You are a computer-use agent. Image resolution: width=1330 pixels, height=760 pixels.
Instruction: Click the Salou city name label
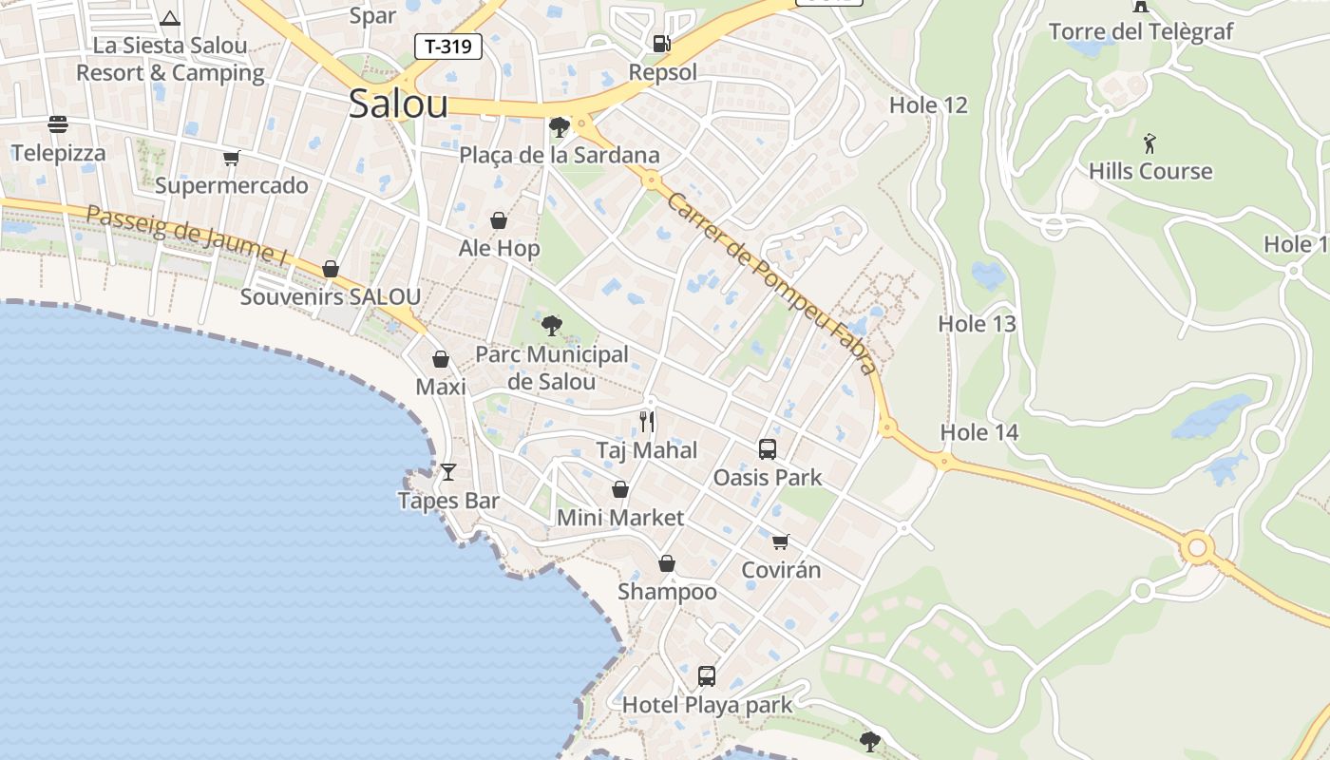(398, 104)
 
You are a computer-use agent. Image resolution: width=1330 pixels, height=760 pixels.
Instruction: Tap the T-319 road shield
(448, 47)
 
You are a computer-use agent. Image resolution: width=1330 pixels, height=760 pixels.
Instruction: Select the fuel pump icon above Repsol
(661, 43)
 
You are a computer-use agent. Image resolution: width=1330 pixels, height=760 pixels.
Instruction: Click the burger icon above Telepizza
(58, 124)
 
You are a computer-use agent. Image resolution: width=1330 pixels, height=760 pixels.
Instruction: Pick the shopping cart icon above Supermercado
(231, 158)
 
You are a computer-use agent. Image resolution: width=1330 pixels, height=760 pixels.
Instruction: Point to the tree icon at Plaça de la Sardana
(559, 126)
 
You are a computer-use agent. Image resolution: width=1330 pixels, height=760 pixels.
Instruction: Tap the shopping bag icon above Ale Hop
(499, 220)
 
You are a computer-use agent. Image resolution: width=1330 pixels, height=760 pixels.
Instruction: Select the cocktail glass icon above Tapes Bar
(448, 472)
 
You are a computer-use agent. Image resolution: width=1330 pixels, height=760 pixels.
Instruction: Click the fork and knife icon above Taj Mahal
(647, 422)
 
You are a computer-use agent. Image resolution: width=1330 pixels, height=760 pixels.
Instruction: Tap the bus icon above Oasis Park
(768, 448)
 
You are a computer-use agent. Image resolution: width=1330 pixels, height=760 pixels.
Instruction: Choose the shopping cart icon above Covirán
(780, 541)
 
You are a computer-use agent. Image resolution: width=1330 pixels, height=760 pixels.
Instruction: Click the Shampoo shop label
(667, 592)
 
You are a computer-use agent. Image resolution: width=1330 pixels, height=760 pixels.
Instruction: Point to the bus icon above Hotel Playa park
(706, 676)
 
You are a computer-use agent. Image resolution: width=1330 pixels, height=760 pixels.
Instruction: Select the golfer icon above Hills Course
(1150, 143)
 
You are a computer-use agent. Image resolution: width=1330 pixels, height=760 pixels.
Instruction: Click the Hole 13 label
(977, 324)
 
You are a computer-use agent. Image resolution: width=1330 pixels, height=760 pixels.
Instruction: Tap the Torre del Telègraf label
(1141, 31)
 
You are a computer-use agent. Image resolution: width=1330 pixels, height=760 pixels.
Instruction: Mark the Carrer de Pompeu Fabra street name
(770, 283)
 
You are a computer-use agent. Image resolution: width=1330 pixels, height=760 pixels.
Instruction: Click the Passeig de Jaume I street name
(186, 234)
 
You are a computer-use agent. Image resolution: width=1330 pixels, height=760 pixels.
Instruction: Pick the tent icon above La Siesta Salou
(170, 18)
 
